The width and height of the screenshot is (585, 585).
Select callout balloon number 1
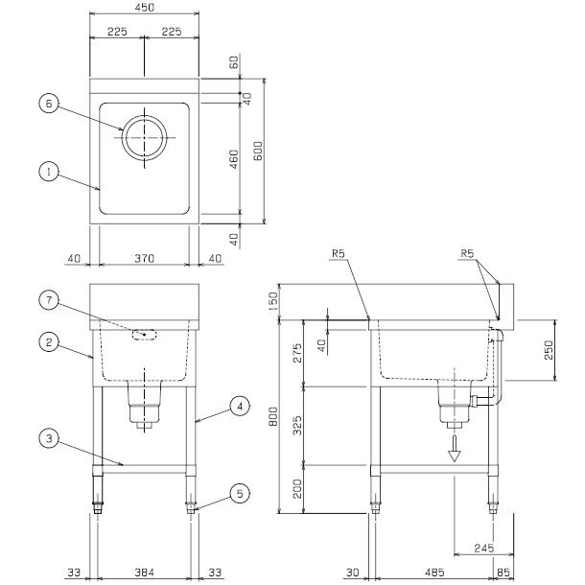click(45, 172)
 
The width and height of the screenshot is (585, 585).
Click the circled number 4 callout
click(241, 407)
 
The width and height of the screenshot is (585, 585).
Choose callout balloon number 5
click(241, 496)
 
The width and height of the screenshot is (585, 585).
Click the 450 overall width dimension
click(144, 9)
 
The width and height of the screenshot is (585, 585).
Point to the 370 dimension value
click(144, 259)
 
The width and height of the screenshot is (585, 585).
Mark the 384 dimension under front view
click(144, 573)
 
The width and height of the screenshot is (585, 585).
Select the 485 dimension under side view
click(434, 573)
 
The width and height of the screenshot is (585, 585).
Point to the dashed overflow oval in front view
click(145, 335)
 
